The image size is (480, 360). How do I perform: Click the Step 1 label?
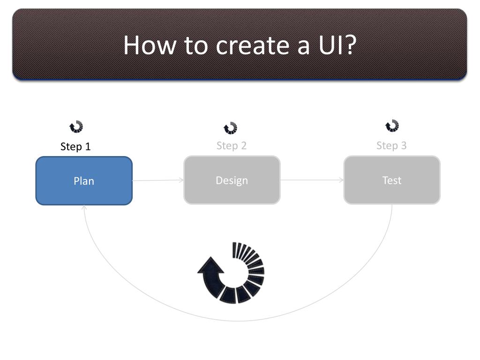point(75,147)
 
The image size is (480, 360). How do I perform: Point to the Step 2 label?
point(231,146)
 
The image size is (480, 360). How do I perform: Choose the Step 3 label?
point(391,145)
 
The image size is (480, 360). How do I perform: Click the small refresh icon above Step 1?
point(76,127)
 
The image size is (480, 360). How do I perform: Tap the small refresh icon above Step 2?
point(230,128)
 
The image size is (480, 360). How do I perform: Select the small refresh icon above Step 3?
point(392,126)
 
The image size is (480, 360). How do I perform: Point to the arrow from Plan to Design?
point(158,180)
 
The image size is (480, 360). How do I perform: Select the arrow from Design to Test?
point(312,180)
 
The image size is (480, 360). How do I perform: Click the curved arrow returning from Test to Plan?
point(238,321)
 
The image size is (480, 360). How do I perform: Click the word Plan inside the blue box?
point(84,181)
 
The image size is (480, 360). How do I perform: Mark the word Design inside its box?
point(232,180)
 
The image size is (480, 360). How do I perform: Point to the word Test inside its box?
point(392,180)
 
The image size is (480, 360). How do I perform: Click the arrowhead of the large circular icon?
point(211,266)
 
